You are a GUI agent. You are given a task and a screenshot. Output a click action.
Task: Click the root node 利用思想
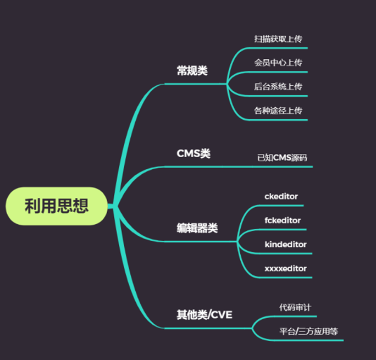(x=57, y=206)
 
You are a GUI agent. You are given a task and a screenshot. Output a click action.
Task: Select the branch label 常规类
(x=192, y=71)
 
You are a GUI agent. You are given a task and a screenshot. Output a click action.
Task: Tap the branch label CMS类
(x=193, y=153)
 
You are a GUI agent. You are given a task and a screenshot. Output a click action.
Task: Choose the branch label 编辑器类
(x=197, y=228)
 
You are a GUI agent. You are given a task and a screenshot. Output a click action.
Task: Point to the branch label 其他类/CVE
(x=204, y=315)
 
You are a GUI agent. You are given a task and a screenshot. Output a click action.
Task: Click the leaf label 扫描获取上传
(x=278, y=39)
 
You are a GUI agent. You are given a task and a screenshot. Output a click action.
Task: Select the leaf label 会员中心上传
(x=278, y=63)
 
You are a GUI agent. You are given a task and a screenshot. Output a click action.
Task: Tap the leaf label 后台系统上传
(x=278, y=86)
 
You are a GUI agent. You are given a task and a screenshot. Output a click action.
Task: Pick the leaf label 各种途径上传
(x=278, y=110)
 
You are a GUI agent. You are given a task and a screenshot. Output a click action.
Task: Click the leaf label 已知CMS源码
(x=282, y=158)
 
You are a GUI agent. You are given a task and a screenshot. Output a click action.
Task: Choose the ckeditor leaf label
(x=281, y=196)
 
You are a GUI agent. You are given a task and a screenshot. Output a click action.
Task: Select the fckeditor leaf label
(x=283, y=220)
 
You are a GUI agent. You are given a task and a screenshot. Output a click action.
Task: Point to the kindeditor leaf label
(x=285, y=244)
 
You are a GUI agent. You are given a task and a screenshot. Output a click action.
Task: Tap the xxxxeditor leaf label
(x=285, y=268)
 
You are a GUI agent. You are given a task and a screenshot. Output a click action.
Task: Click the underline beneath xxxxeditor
(x=285, y=277)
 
